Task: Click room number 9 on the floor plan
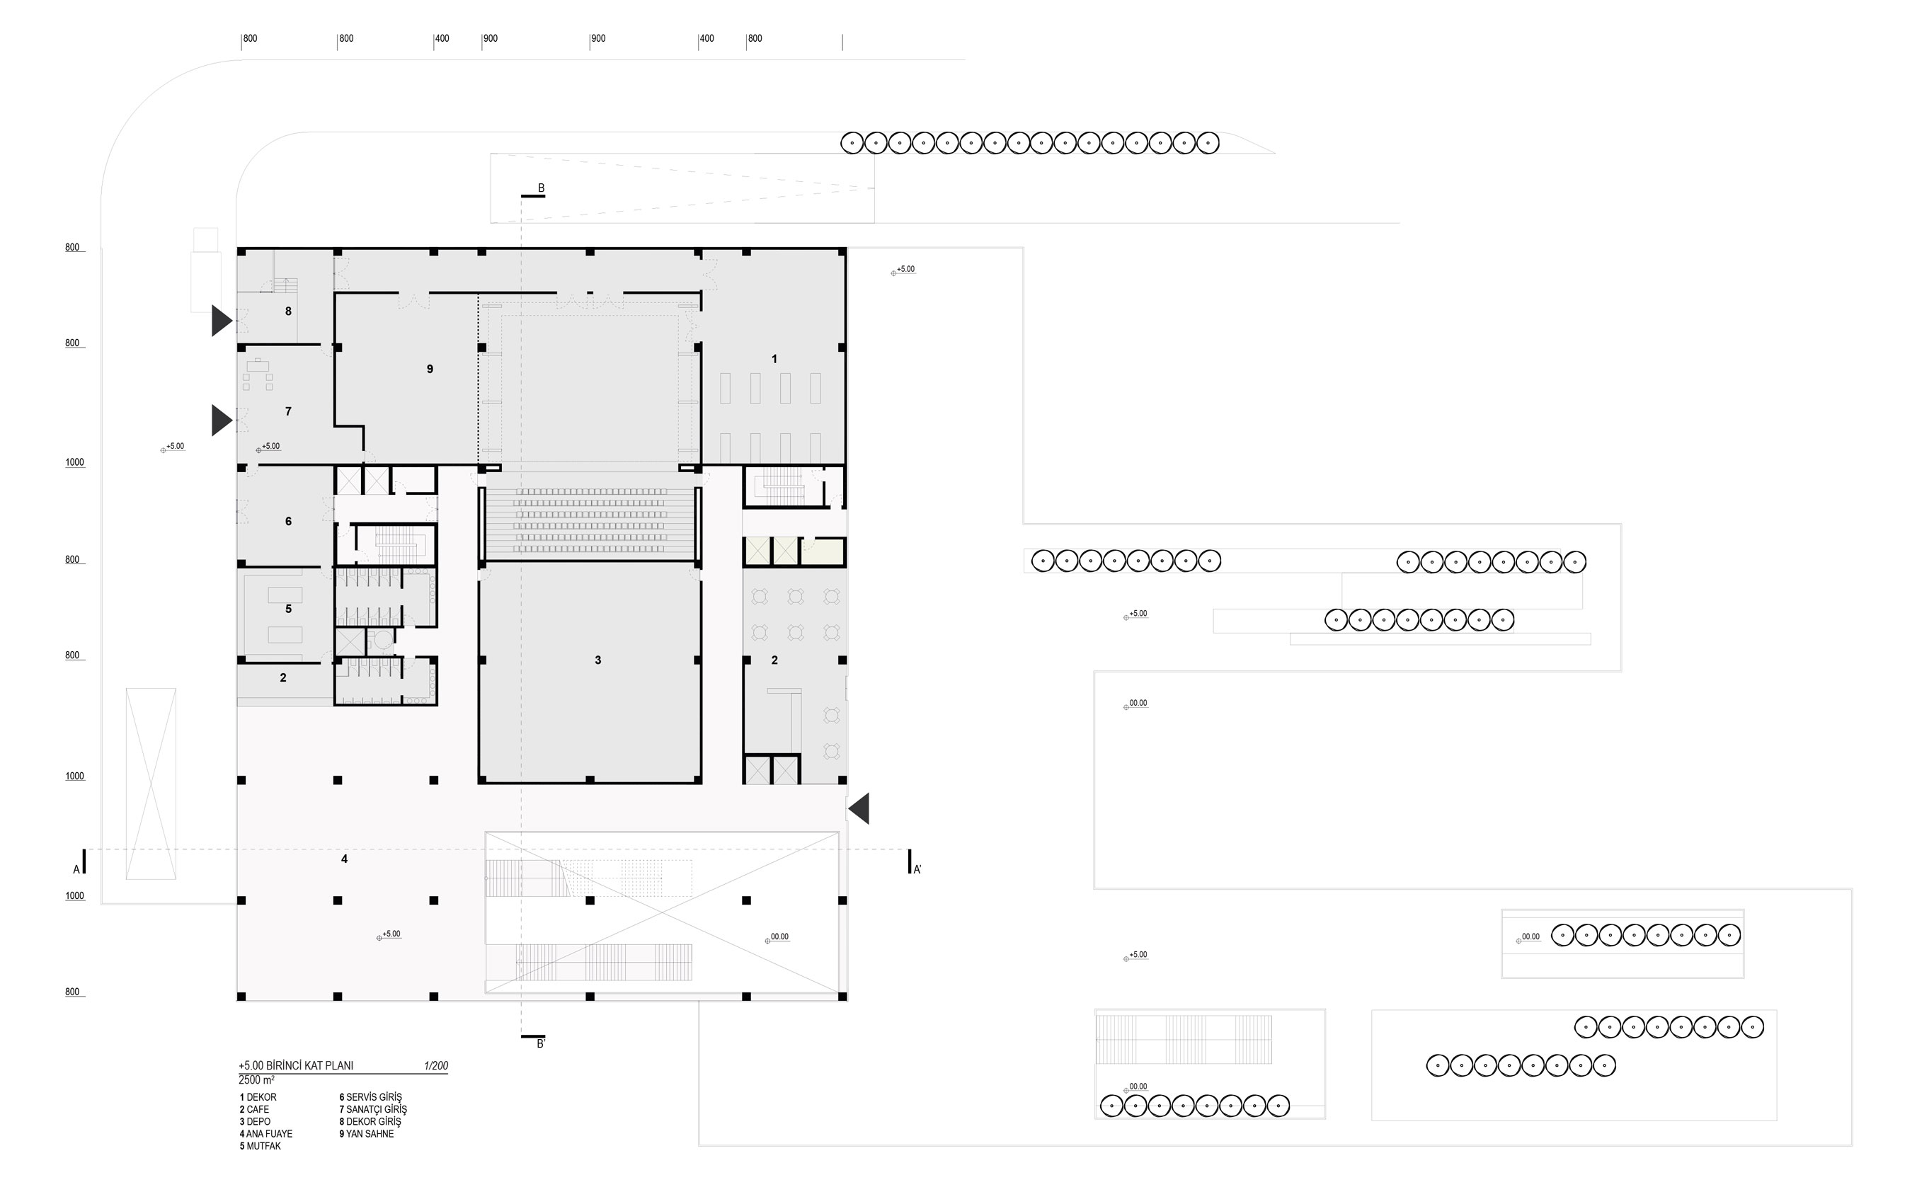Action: pos(430,369)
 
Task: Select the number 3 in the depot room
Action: pos(598,660)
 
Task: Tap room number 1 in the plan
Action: pos(774,359)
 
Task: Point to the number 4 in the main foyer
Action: pos(345,859)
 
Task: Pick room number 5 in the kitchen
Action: pos(289,609)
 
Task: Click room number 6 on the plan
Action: pos(289,521)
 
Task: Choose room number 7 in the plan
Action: pos(289,411)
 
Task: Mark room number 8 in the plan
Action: pos(289,311)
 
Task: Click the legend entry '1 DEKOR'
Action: pos(258,1097)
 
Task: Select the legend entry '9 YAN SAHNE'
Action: pos(367,1134)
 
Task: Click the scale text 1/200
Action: pos(436,1066)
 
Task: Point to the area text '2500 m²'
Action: pos(257,1080)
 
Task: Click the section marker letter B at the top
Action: pos(542,188)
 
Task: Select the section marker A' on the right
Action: pos(917,869)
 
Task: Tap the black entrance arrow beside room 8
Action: pos(222,321)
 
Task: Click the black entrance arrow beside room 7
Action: pos(222,420)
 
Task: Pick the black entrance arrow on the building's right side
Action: pos(859,809)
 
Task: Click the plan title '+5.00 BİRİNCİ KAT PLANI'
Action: pos(297,1066)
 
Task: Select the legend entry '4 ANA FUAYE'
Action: pos(266,1134)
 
